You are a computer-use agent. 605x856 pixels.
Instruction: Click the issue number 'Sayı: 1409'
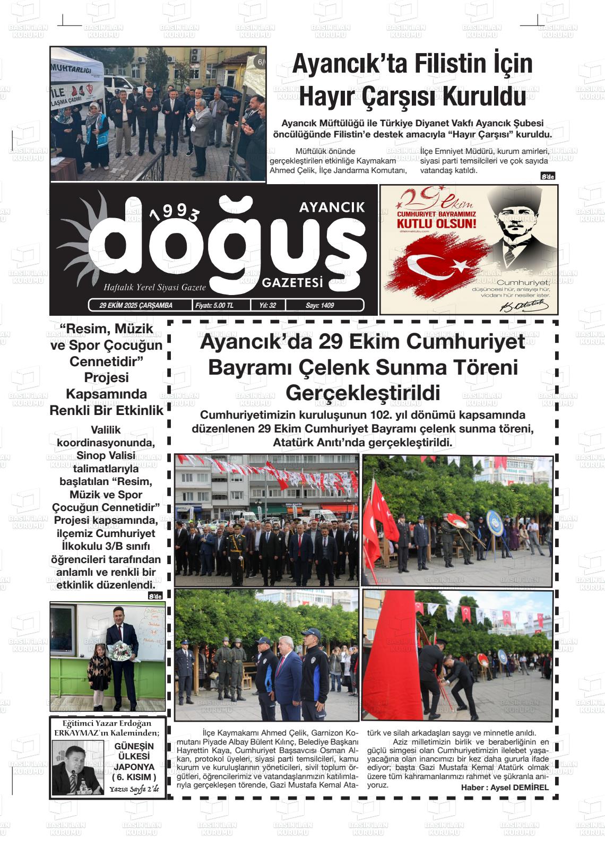(x=320, y=305)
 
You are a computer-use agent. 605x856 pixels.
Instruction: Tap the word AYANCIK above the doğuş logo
(x=332, y=207)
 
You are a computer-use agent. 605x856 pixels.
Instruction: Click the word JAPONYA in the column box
(x=134, y=767)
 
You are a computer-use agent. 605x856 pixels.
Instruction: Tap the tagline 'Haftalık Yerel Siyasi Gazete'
(x=154, y=287)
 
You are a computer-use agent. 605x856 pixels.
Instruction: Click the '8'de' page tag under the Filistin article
(x=547, y=177)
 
